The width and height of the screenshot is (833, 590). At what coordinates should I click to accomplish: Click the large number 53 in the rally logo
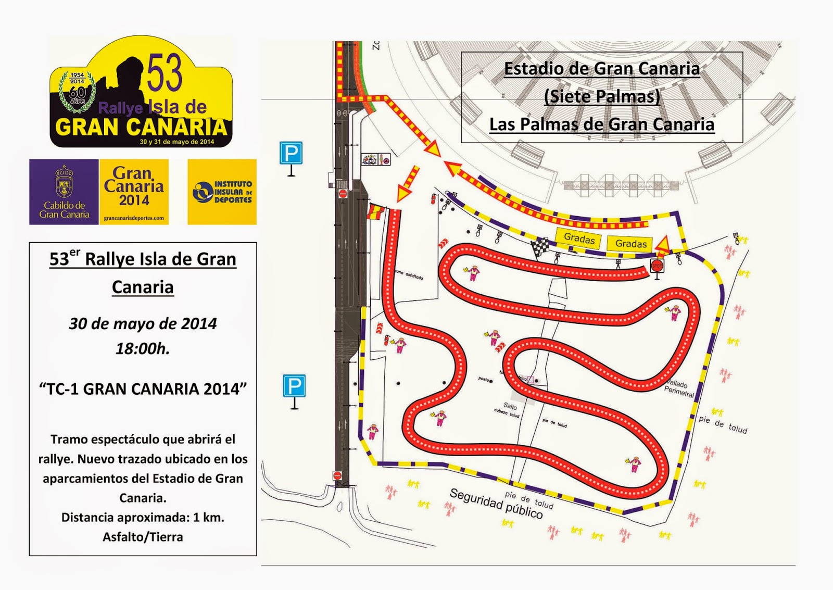click(165, 74)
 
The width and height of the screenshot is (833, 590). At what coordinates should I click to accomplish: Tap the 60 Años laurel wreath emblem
click(77, 92)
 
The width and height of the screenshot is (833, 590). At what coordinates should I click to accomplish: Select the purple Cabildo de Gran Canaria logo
click(64, 192)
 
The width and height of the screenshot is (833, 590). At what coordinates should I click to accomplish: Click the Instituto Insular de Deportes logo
click(222, 192)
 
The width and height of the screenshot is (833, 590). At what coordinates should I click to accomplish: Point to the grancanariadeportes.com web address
click(134, 218)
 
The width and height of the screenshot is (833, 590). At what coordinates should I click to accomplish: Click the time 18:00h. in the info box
click(143, 348)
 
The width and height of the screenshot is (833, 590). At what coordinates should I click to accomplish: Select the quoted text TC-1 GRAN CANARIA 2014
click(143, 389)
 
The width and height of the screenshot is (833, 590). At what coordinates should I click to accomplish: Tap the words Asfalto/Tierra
click(143, 537)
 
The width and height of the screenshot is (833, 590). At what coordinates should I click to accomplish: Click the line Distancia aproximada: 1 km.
click(143, 517)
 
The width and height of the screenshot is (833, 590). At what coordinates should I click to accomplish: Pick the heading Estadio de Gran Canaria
click(602, 68)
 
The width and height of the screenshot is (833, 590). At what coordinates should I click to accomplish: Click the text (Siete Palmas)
click(602, 96)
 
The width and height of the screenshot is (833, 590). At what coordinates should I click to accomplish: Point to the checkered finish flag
click(540, 246)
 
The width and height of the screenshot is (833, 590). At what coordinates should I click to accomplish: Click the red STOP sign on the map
click(657, 266)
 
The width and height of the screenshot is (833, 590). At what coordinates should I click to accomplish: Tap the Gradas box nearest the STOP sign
click(631, 243)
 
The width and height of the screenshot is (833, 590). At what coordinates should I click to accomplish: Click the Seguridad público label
click(496, 504)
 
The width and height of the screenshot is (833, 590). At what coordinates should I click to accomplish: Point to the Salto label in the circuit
click(510, 406)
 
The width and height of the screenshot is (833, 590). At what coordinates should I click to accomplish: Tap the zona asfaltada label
click(409, 274)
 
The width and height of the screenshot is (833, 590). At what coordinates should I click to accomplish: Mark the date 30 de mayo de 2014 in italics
click(143, 323)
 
